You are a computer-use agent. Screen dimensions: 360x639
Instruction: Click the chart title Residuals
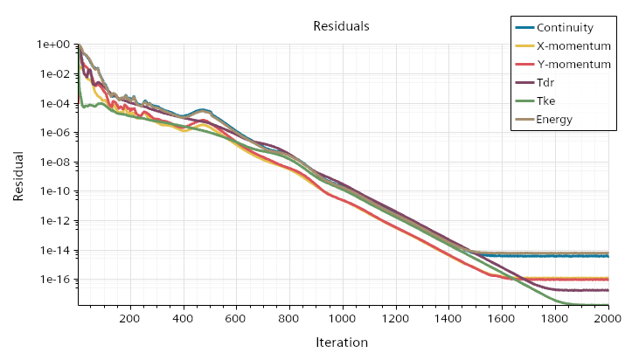click(x=341, y=26)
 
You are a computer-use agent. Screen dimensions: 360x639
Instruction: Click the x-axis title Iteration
click(x=342, y=343)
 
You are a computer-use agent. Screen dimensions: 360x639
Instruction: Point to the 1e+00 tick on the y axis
click(x=52, y=45)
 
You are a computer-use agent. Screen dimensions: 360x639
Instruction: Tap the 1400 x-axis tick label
click(x=448, y=320)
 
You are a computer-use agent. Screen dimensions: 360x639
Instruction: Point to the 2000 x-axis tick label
click(x=607, y=320)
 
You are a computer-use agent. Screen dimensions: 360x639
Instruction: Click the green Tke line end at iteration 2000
click(x=608, y=305)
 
